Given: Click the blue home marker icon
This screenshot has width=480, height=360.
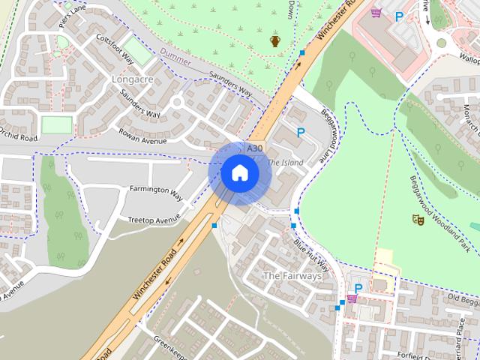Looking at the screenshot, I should pyautogui.click(x=239, y=173).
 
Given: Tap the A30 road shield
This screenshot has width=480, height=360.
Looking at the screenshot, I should pyautogui.click(x=255, y=149).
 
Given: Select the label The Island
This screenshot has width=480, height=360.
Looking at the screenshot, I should pyautogui.click(x=285, y=162).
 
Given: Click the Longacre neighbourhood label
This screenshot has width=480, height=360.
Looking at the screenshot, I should pyautogui.click(x=131, y=78).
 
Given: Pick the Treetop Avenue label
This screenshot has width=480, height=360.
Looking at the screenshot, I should pyautogui.click(x=154, y=219).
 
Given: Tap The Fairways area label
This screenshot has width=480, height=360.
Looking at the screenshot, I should pyautogui.click(x=292, y=276).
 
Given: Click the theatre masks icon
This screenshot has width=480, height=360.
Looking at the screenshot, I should pyautogui.click(x=417, y=219).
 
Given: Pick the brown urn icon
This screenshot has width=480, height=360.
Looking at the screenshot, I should pyautogui.click(x=275, y=41).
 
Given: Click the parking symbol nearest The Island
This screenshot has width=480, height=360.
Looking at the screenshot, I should pyautogui.click(x=301, y=133).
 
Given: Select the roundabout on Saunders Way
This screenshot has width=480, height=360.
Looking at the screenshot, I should pyautogui.click(x=178, y=102).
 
